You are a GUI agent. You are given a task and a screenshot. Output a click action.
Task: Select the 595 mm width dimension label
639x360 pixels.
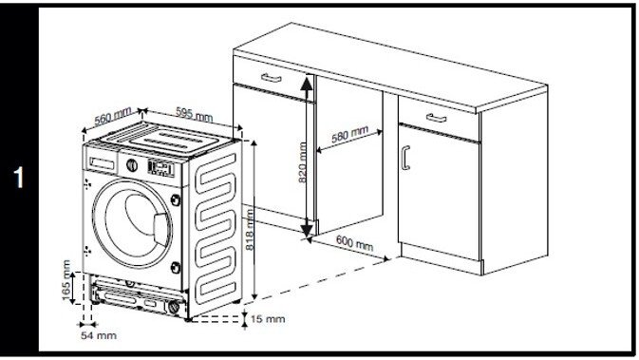194,114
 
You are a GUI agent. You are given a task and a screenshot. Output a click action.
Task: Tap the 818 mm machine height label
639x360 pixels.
250,230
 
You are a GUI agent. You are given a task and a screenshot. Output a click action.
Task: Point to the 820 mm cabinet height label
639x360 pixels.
302,162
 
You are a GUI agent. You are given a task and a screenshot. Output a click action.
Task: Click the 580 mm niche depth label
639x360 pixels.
349,134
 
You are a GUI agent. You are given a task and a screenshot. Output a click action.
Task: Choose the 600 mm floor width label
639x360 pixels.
354,242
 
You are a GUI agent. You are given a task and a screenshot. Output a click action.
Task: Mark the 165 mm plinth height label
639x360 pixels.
66,280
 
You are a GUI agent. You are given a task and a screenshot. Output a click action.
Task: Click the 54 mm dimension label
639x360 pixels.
99,335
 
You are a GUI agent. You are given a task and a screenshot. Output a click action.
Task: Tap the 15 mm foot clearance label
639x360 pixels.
268,319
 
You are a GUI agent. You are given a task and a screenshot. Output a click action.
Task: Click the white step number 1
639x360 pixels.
18,178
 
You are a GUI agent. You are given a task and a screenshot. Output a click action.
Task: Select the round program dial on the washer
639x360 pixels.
132,165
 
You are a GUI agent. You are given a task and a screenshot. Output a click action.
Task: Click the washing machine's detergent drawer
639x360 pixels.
102,163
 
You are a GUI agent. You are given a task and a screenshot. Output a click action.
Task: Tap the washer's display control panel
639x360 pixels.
161,168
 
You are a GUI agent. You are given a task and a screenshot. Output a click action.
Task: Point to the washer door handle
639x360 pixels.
161,229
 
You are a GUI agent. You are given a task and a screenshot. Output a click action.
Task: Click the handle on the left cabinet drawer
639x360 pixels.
271,78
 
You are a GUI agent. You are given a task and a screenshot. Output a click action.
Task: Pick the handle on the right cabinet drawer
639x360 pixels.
436,118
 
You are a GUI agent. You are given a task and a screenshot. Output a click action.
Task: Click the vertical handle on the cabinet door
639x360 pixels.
405,158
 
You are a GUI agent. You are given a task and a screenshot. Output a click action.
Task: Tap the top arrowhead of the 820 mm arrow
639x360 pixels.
307,83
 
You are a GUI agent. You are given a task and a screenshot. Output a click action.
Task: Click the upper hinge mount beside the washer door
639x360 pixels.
176,200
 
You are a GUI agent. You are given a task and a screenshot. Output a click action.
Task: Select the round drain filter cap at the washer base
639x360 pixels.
174,307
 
